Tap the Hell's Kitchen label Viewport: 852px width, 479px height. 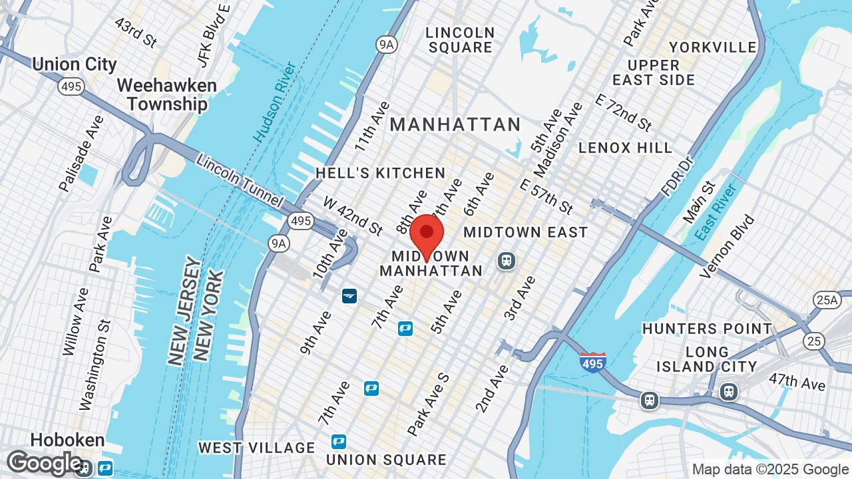[x=380, y=173]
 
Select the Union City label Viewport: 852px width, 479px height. [x=74, y=65]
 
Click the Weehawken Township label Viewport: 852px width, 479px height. [x=167, y=95]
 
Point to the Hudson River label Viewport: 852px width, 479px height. [x=275, y=102]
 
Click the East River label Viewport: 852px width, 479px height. [x=716, y=213]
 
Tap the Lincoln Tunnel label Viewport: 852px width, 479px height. [x=240, y=181]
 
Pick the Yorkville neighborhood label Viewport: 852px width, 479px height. [x=713, y=47]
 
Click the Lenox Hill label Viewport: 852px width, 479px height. [x=625, y=148]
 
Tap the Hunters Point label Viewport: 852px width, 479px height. [x=707, y=329]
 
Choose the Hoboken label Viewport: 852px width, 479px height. [x=67, y=440]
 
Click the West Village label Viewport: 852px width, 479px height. [x=256, y=448]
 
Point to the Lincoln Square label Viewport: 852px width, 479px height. [x=461, y=40]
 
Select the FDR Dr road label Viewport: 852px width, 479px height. [x=678, y=176]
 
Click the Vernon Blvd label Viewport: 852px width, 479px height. [x=728, y=246]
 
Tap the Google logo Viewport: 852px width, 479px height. [x=44, y=463]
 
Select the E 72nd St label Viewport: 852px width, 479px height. [x=624, y=113]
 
